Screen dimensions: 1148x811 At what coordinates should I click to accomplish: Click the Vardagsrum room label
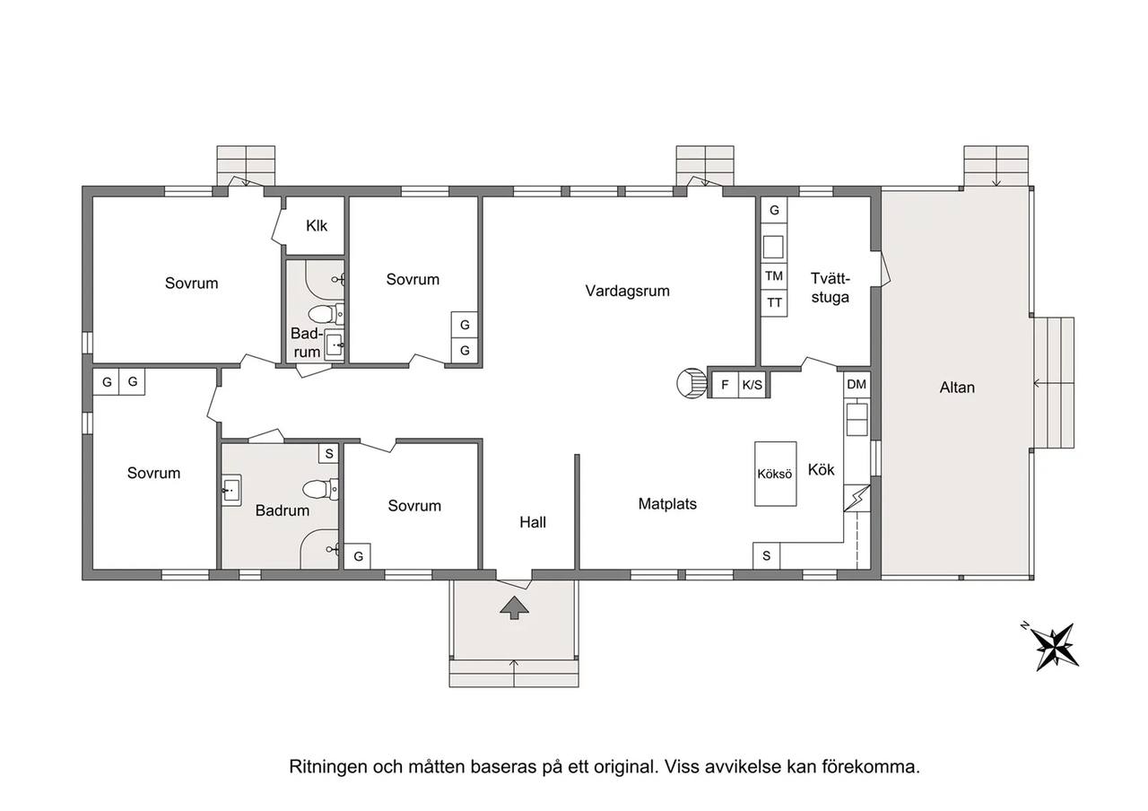pos(627,292)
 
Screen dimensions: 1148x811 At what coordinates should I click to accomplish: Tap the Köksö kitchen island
pos(776,474)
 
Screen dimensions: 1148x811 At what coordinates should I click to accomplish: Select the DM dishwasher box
pos(857,384)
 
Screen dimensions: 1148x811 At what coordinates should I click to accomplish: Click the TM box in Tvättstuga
pos(774,276)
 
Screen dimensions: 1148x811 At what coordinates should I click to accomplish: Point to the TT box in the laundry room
pos(774,303)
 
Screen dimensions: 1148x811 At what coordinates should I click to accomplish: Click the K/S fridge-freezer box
pos(752,385)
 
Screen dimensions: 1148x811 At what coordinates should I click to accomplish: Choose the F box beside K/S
pos(726,385)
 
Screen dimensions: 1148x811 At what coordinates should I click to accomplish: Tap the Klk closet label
pos(317,225)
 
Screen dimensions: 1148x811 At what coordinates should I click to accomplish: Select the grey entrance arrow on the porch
pos(514,607)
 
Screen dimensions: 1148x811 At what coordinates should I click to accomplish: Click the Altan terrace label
pos(957,388)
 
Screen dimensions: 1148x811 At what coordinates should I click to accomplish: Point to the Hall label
pos(533,522)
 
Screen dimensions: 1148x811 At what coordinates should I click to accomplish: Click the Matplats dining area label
pos(667,504)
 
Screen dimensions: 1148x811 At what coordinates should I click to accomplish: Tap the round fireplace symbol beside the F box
pos(691,383)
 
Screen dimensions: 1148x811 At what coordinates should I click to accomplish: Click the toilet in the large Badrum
pos(320,489)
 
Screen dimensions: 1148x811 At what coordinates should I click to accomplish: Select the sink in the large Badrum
pos(231,491)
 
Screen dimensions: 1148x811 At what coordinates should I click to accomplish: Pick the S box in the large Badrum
pos(329,453)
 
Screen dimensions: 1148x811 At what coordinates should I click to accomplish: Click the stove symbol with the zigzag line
pos(857,498)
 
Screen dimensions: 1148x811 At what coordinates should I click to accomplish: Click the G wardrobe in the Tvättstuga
pos(774,210)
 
